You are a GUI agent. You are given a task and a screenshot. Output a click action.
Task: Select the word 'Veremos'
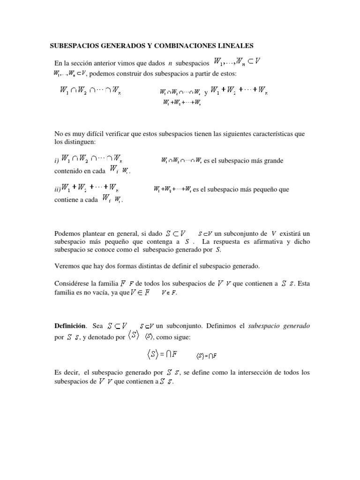(x=66, y=266)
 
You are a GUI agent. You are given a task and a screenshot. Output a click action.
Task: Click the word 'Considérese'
(x=71, y=283)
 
